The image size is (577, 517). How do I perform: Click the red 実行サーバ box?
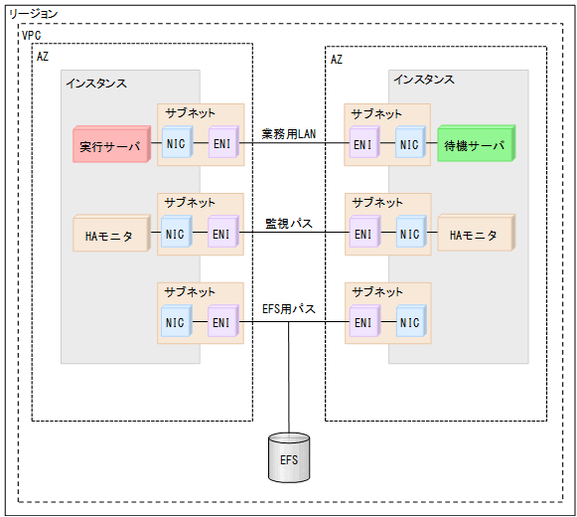110,145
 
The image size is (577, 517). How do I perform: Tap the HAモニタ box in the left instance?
110,235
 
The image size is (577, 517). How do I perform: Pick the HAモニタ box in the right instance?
473,235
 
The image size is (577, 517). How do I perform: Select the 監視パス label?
289,223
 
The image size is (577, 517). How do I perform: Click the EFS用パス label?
289,309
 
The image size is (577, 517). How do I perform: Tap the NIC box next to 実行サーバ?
176,145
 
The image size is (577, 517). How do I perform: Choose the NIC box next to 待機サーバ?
409,145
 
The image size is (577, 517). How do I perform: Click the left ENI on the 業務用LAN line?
221,145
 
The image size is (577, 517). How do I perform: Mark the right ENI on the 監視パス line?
362,235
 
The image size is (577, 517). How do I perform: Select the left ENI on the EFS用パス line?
221,322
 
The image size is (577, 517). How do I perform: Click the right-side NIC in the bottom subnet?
409,322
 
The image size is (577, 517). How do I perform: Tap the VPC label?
32,35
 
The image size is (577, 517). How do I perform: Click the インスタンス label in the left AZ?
95,83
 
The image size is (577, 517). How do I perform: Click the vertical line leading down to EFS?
288,378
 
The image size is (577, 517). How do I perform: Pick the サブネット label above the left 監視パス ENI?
190,202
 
